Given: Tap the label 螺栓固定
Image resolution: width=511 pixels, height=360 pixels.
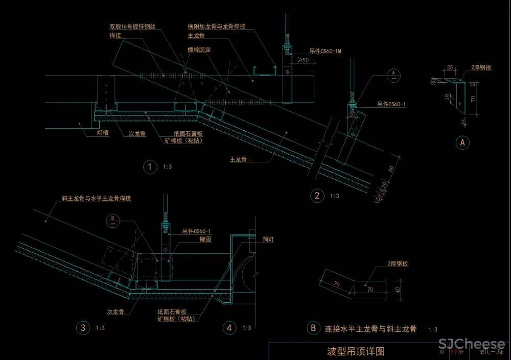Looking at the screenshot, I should (199, 50).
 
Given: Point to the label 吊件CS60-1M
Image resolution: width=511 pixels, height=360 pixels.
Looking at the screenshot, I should (324, 52).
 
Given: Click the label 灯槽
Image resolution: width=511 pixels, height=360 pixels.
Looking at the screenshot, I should (103, 132).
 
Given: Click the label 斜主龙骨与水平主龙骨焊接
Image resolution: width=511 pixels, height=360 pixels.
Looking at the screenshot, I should (97, 198).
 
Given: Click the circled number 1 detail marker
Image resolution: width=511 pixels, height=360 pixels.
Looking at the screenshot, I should (150, 167).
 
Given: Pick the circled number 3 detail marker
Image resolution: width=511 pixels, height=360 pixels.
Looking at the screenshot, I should (82, 328).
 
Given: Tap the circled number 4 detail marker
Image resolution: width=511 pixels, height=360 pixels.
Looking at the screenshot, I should (230, 328).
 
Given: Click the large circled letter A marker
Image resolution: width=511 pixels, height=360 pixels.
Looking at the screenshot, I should (462, 142).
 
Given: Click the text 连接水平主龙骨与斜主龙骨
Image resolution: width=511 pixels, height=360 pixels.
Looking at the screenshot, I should (370, 329).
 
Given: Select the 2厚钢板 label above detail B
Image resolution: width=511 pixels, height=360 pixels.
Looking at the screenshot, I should (398, 264).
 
